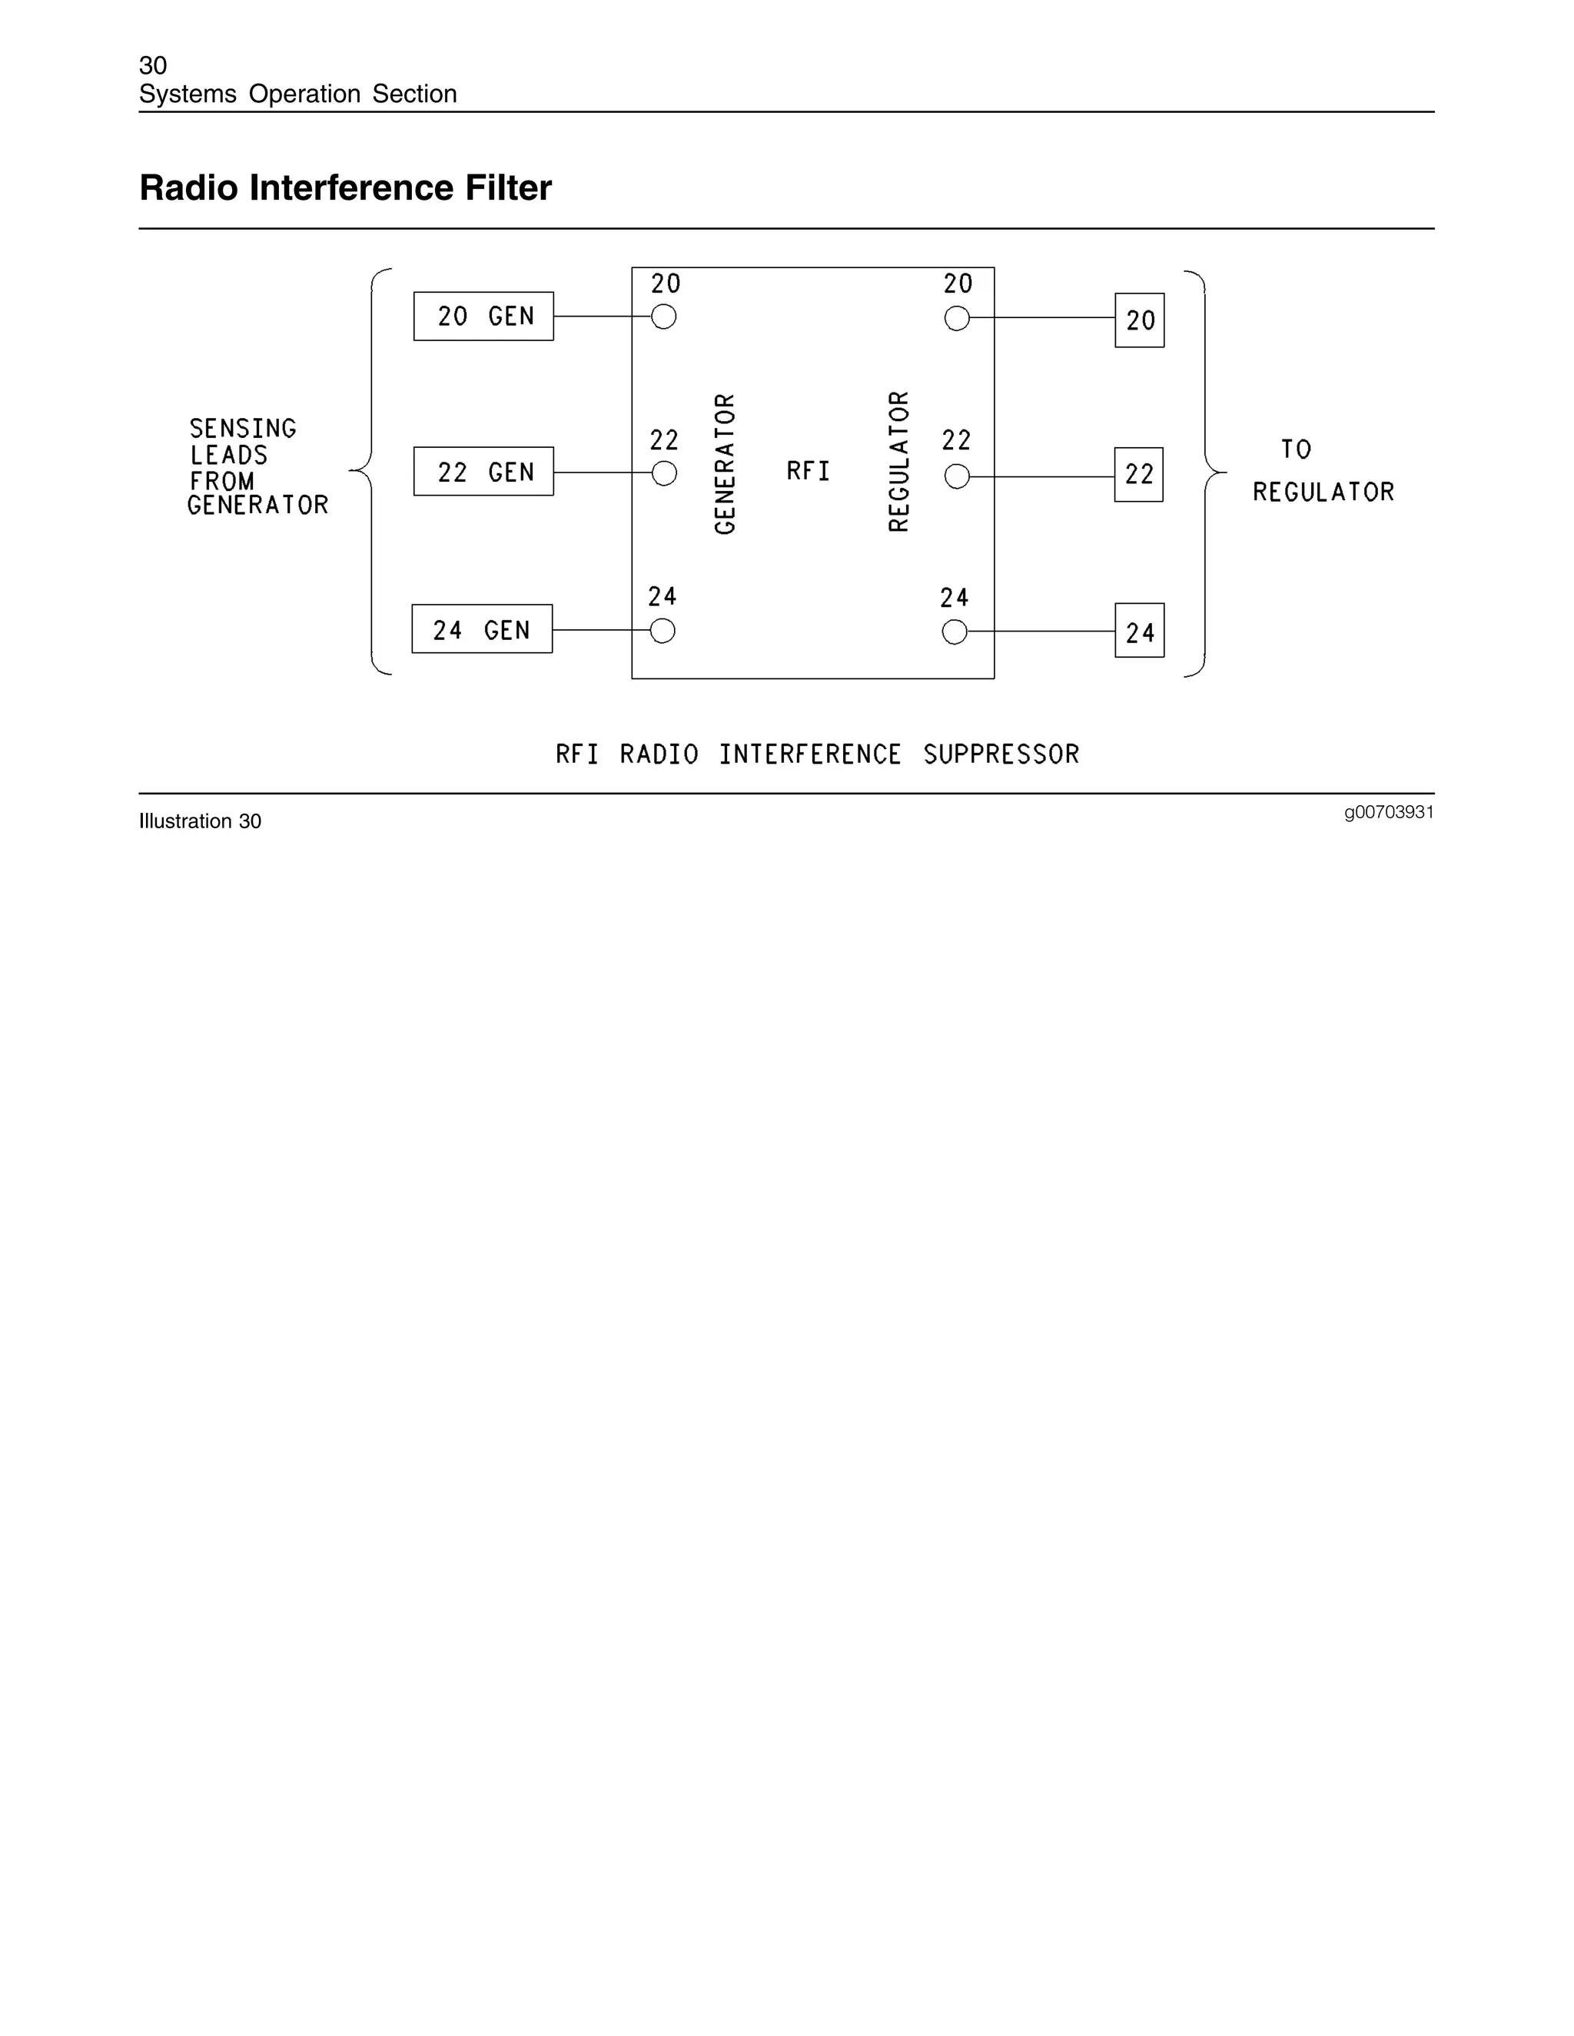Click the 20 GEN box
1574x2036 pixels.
pyautogui.click(x=483, y=316)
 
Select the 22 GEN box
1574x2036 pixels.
pyautogui.click(x=483, y=472)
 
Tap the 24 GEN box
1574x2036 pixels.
pyautogui.click(x=481, y=629)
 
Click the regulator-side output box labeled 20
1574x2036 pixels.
pyautogui.click(x=1140, y=320)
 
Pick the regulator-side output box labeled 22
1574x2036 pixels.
pyautogui.click(x=1138, y=475)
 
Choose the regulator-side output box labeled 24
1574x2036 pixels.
pyautogui.click(x=1140, y=631)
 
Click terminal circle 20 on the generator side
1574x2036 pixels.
pyautogui.click(x=664, y=317)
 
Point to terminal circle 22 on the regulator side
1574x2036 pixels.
pyautogui.click(x=957, y=476)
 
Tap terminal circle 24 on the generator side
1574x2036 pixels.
pyautogui.click(x=662, y=631)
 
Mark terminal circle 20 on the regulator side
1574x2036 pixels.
pyautogui.click(x=957, y=319)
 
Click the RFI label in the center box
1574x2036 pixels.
pyautogui.click(x=808, y=472)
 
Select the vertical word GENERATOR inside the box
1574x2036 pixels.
pyautogui.click(x=726, y=464)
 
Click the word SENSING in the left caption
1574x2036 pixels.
pyautogui.click(x=242, y=429)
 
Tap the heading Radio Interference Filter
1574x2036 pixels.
pyautogui.click(x=345, y=188)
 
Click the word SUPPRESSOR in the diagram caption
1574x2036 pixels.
pyautogui.click(x=1001, y=754)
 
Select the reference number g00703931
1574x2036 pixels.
pyautogui.click(x=1389, y=812)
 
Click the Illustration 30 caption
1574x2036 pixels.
pyautogui.click(x=200, y=821)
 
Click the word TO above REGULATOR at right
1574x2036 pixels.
pyautogui.click(x=1296, y=450)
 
